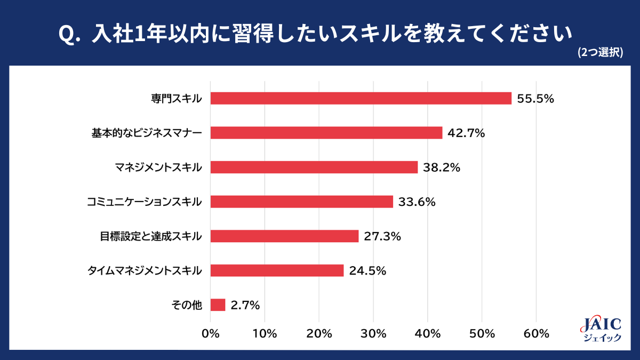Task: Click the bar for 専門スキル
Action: [x=361, y=98]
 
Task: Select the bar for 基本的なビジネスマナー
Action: [x=326, y=133]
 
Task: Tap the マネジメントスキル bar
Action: [x=314, y=167]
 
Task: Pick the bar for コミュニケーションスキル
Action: [x=302, y=202]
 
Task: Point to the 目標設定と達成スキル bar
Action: [x=285, y=236]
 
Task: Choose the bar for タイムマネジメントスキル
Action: [x=277, y=270]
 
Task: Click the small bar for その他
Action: [x=218, y=305]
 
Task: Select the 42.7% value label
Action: [x=466, y=133]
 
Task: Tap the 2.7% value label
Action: [x=245, y=306]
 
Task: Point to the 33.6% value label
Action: [x=417, y=202]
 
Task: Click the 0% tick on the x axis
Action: [x=211, y=334]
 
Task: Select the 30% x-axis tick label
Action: [x=374, y=334]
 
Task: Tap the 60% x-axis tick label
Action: [x=537, y=334]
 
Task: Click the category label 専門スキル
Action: [x=176, y=99]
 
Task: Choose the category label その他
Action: [x=187, y=306]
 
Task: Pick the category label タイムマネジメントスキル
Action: [x=145, y=271]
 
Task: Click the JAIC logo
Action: [x=600, y=329]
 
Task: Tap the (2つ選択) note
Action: [x=601, y=52]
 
